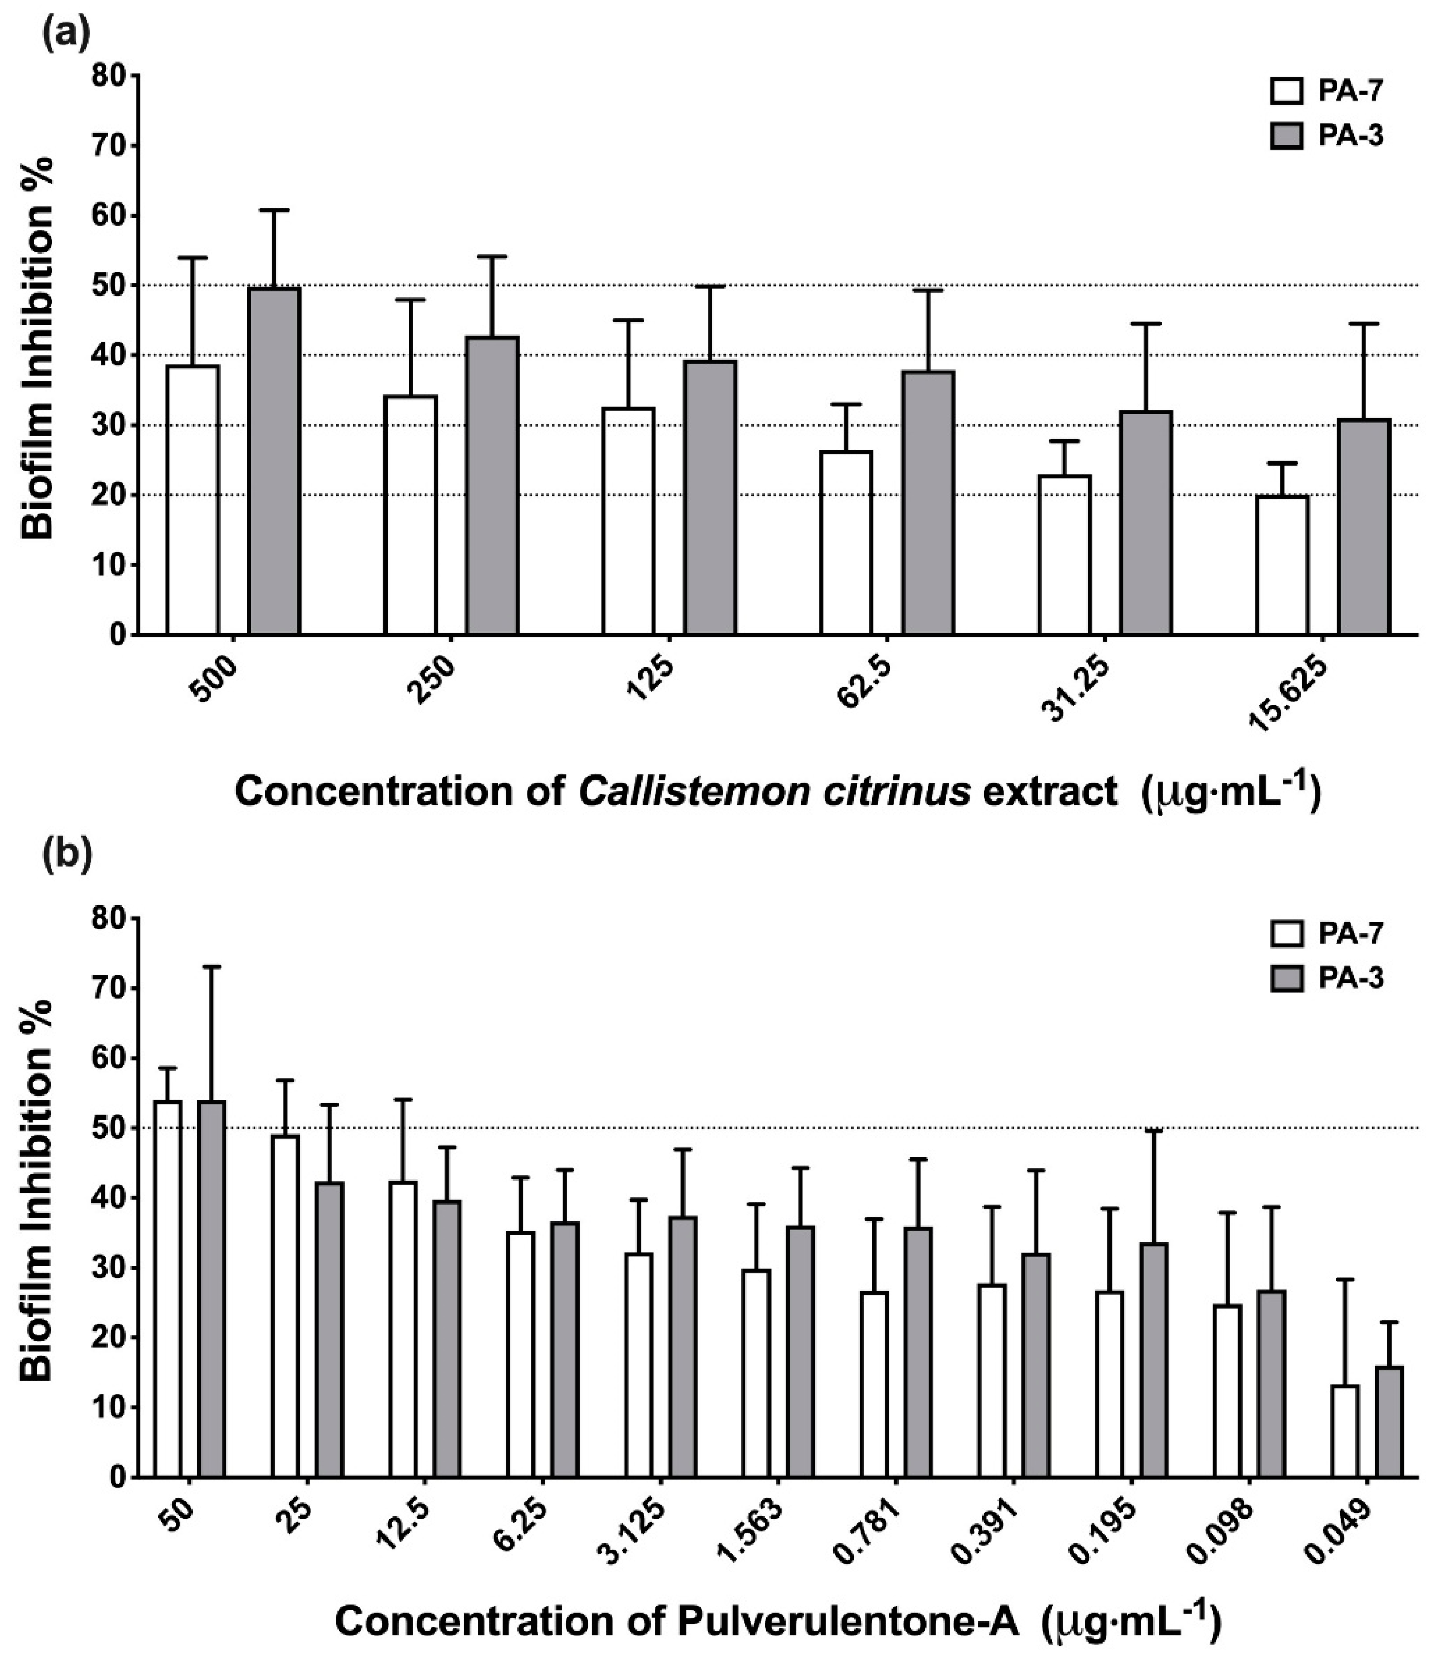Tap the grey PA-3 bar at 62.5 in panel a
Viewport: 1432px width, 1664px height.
point(928,503)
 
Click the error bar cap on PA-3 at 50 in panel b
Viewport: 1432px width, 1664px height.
point(212,967)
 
